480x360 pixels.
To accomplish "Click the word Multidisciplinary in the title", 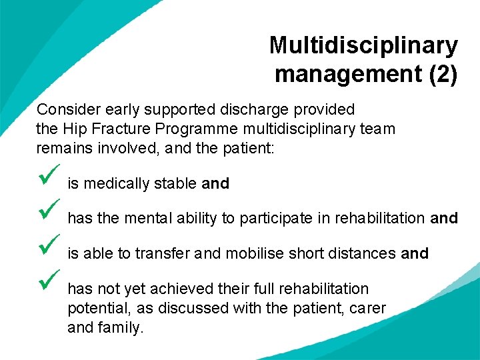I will tap(363, 46).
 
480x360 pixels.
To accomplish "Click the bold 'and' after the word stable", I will tap(215, 184).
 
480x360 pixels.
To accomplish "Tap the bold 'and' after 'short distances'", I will tap(414, 254).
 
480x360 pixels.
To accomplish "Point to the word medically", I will tap(110, 184).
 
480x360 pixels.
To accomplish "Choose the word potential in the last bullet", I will tap(94, 309).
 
